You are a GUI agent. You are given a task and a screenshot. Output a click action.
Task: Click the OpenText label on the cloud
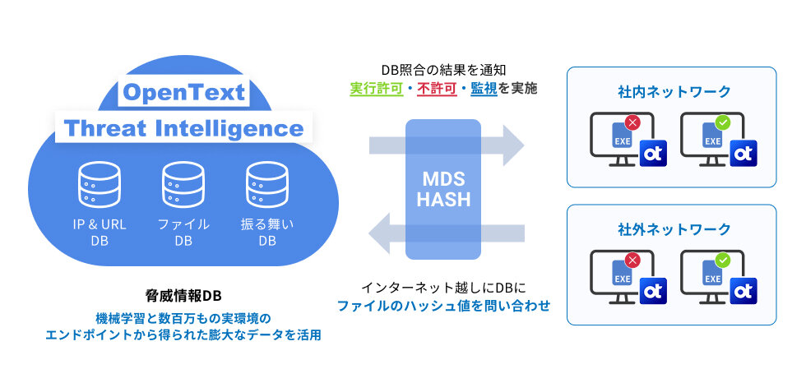[183, 92]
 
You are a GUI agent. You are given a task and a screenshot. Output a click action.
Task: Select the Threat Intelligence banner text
[183, 128]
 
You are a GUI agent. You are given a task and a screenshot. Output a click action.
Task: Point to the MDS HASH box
[442, 189]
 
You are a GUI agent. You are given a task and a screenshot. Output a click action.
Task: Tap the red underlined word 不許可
[437, 89]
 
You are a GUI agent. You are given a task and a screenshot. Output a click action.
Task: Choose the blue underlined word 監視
[484, 89]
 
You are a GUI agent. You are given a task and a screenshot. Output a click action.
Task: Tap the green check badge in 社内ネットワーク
[722, 122]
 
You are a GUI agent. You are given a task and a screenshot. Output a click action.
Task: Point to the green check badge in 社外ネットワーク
[722, 261]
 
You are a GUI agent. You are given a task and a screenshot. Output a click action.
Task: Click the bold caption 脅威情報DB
[183, 296]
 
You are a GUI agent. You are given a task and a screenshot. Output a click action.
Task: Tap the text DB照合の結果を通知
[442, 70]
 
